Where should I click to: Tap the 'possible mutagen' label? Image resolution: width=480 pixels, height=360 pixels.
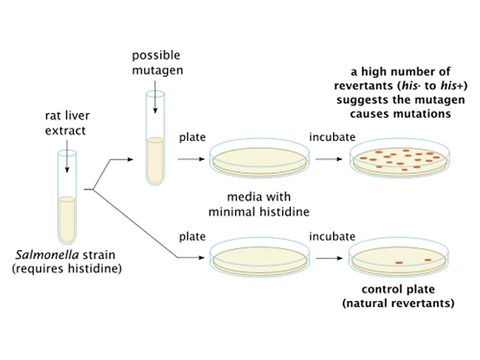157,63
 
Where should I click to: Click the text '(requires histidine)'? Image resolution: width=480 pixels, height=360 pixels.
66,269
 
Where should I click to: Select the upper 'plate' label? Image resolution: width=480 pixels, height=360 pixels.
191,137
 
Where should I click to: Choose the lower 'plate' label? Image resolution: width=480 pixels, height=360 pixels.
191,237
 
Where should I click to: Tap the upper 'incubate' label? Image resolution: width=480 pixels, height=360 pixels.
332,137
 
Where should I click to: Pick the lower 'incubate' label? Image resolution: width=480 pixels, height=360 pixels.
332,237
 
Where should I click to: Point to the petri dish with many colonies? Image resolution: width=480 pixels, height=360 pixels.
399,158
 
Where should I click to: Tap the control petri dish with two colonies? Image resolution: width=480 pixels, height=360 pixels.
399,258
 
